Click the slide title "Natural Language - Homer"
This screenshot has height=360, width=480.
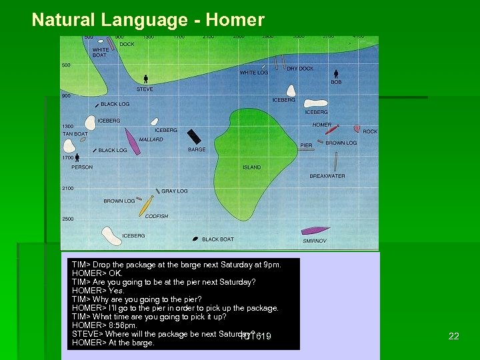pos(148,20)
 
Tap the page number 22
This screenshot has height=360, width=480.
pos(453,336)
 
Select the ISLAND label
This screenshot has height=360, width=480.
pos(252,167)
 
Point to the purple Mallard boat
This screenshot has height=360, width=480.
pos(133,145)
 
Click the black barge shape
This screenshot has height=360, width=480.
pos(194,136)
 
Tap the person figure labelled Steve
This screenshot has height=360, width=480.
pos(144,79)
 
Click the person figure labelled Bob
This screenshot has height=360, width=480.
pos(336,73)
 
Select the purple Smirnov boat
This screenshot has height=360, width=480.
pos(315,231)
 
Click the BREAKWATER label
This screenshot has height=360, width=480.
pos(327,176)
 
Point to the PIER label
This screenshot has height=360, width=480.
pos(306,145)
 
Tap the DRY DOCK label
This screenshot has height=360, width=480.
pos(300,69)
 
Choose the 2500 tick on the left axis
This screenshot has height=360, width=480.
pos(67,219)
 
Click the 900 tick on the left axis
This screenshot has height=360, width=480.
pos(66,95)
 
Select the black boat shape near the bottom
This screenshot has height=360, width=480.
pos(195,238)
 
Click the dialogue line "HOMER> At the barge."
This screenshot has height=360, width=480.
pos(113,343)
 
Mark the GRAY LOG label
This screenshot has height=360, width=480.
pos(175,191)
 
